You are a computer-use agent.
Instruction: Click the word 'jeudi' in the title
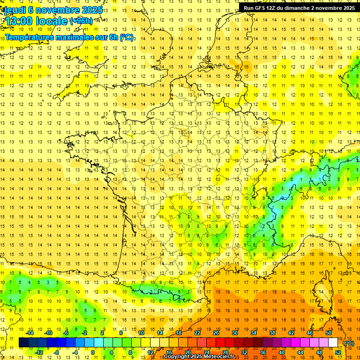click(14, 10)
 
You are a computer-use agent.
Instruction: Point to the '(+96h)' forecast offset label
click(81, 21)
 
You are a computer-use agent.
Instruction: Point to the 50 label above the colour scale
click(328, 333)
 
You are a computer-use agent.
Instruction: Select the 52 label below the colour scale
click(337, 352)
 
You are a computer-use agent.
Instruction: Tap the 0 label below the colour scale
click(93, 352)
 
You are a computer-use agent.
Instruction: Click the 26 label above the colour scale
click(216, 333)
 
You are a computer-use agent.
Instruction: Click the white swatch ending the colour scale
click(333, 343)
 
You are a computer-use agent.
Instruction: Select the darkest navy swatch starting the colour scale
click(23, 343)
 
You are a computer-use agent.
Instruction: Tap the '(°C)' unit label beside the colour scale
click(349, 343)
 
